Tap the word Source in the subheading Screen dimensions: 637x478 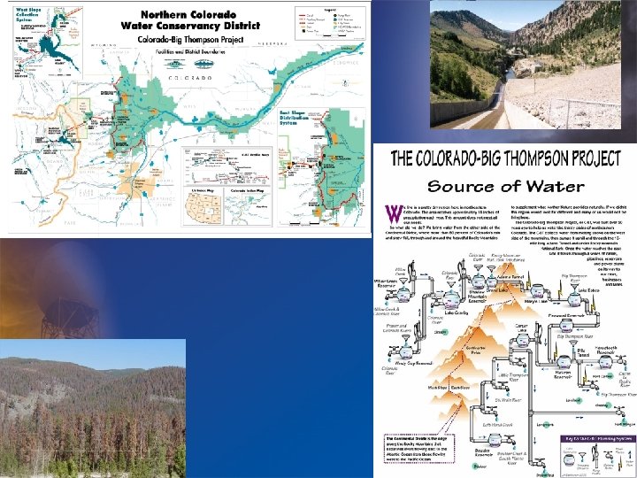pos(460,186)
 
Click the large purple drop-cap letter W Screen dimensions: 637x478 pos(393,212)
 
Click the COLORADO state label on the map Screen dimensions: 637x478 pos(185,78)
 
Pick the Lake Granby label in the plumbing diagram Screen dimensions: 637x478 pos(457,312)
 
